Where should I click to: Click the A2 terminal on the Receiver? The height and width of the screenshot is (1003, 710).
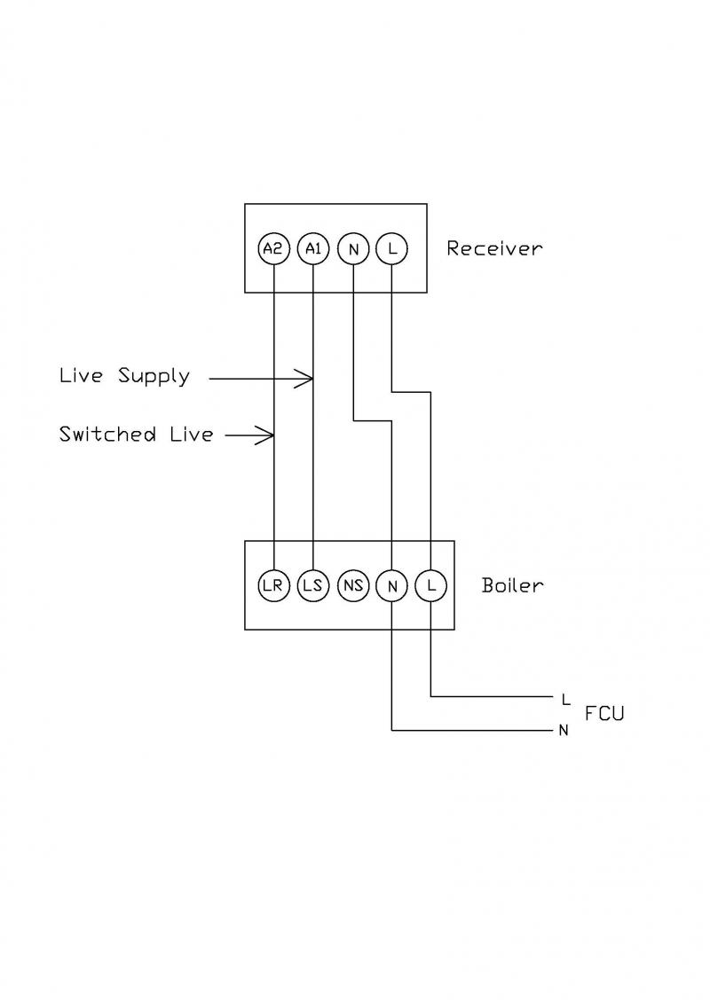pos(274,249)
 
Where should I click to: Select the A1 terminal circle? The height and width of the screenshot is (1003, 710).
pos(313,249)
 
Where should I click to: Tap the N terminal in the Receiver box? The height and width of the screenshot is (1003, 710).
pos(353,249)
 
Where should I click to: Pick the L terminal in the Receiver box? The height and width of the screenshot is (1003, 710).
pos(391,249)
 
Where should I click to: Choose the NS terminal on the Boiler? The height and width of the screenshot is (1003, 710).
pos(352,585)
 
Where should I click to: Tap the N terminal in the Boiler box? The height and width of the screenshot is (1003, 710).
pos(391,585)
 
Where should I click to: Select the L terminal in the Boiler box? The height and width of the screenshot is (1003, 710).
pos(430,585)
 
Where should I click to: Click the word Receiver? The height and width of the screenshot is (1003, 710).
pos(493,248)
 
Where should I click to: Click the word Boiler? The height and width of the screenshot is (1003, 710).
pos(512,585)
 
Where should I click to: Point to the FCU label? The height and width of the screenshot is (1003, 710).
pos(604,713)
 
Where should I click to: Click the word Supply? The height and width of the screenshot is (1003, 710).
pos(154,376)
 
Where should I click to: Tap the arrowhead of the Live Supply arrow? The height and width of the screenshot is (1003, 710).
pos(310,379)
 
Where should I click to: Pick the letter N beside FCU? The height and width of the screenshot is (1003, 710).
pos(564,731)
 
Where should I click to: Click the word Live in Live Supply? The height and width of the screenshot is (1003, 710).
pos(81,375)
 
